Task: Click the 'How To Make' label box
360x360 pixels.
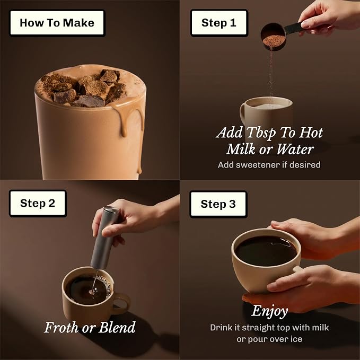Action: coord(57,23)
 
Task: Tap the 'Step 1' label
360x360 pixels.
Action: coord(219,23)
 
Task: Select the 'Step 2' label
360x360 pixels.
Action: coord(38,204)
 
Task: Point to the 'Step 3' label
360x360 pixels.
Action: coord(218,204)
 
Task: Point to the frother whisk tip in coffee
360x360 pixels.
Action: coord(93,292)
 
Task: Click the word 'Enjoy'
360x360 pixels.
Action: coord(269,311)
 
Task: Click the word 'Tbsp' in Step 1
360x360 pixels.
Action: coord(261,133)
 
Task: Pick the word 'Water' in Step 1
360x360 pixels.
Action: coord(295,149)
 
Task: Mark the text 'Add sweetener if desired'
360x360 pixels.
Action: coord(269,165)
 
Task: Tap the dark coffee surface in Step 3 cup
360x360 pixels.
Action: coord(266,251)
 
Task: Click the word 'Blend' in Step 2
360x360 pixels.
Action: coord(117,327)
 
